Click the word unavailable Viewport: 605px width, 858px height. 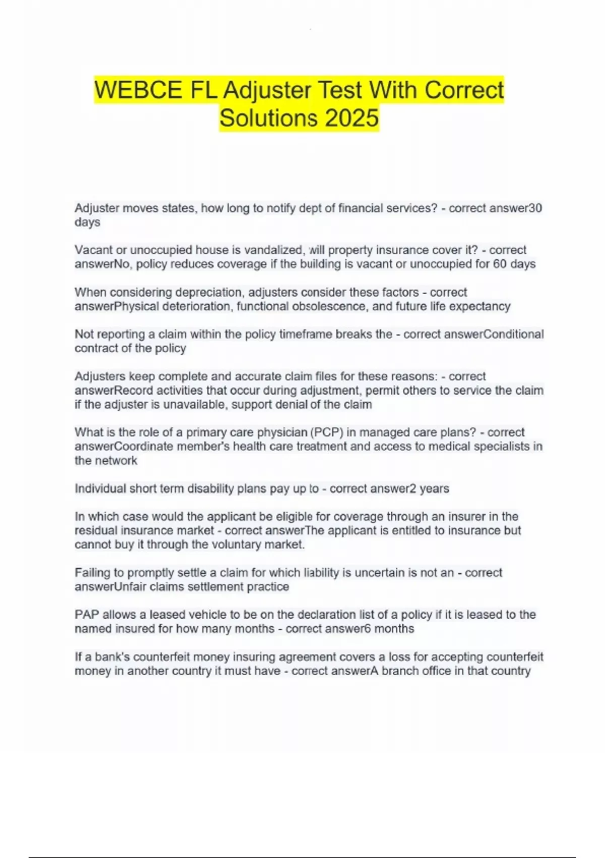[x=194, y=404]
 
